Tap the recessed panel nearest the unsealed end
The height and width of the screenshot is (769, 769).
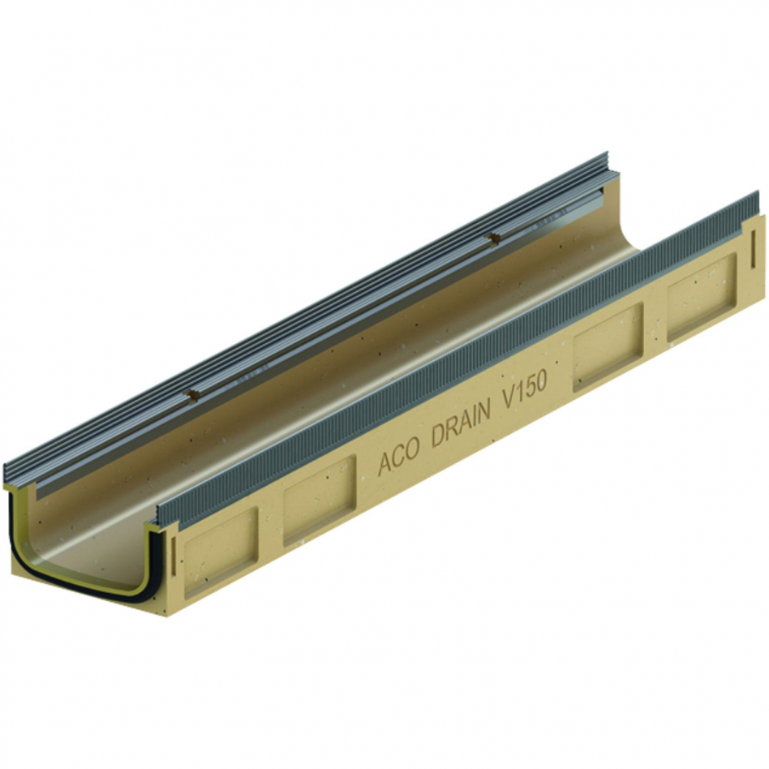pyautogui.click(x=702, y=297)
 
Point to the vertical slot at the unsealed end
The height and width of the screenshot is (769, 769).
pyautogui.click(x=754, y=248)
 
